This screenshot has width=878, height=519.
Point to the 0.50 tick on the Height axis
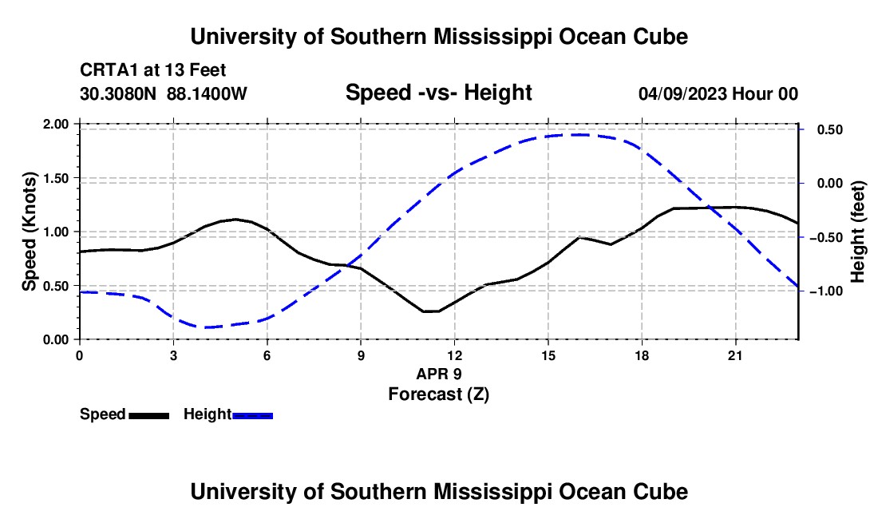(x=830, y=130)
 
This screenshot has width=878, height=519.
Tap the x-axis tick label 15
(x=548, y=355)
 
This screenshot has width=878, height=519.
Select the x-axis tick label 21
(x=735, y=355)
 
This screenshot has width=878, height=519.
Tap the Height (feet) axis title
(x=858, y=232)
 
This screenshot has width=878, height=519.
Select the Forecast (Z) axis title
(x=439, y=394)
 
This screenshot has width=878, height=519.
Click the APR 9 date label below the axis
(x=439, y=374)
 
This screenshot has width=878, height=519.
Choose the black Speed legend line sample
(x=149, y=415)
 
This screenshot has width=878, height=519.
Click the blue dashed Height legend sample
(x=252, y=415)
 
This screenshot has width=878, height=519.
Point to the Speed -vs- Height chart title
(x=438, y=93)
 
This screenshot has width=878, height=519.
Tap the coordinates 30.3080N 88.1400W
(x=164, y=93)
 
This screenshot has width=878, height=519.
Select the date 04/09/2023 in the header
(x=682, y=93)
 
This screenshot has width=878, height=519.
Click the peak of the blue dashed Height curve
(x=579, y=134)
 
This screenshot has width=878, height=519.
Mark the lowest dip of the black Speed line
(x=431, y=311)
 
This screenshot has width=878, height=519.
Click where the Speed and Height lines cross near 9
(x=348, y=265)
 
